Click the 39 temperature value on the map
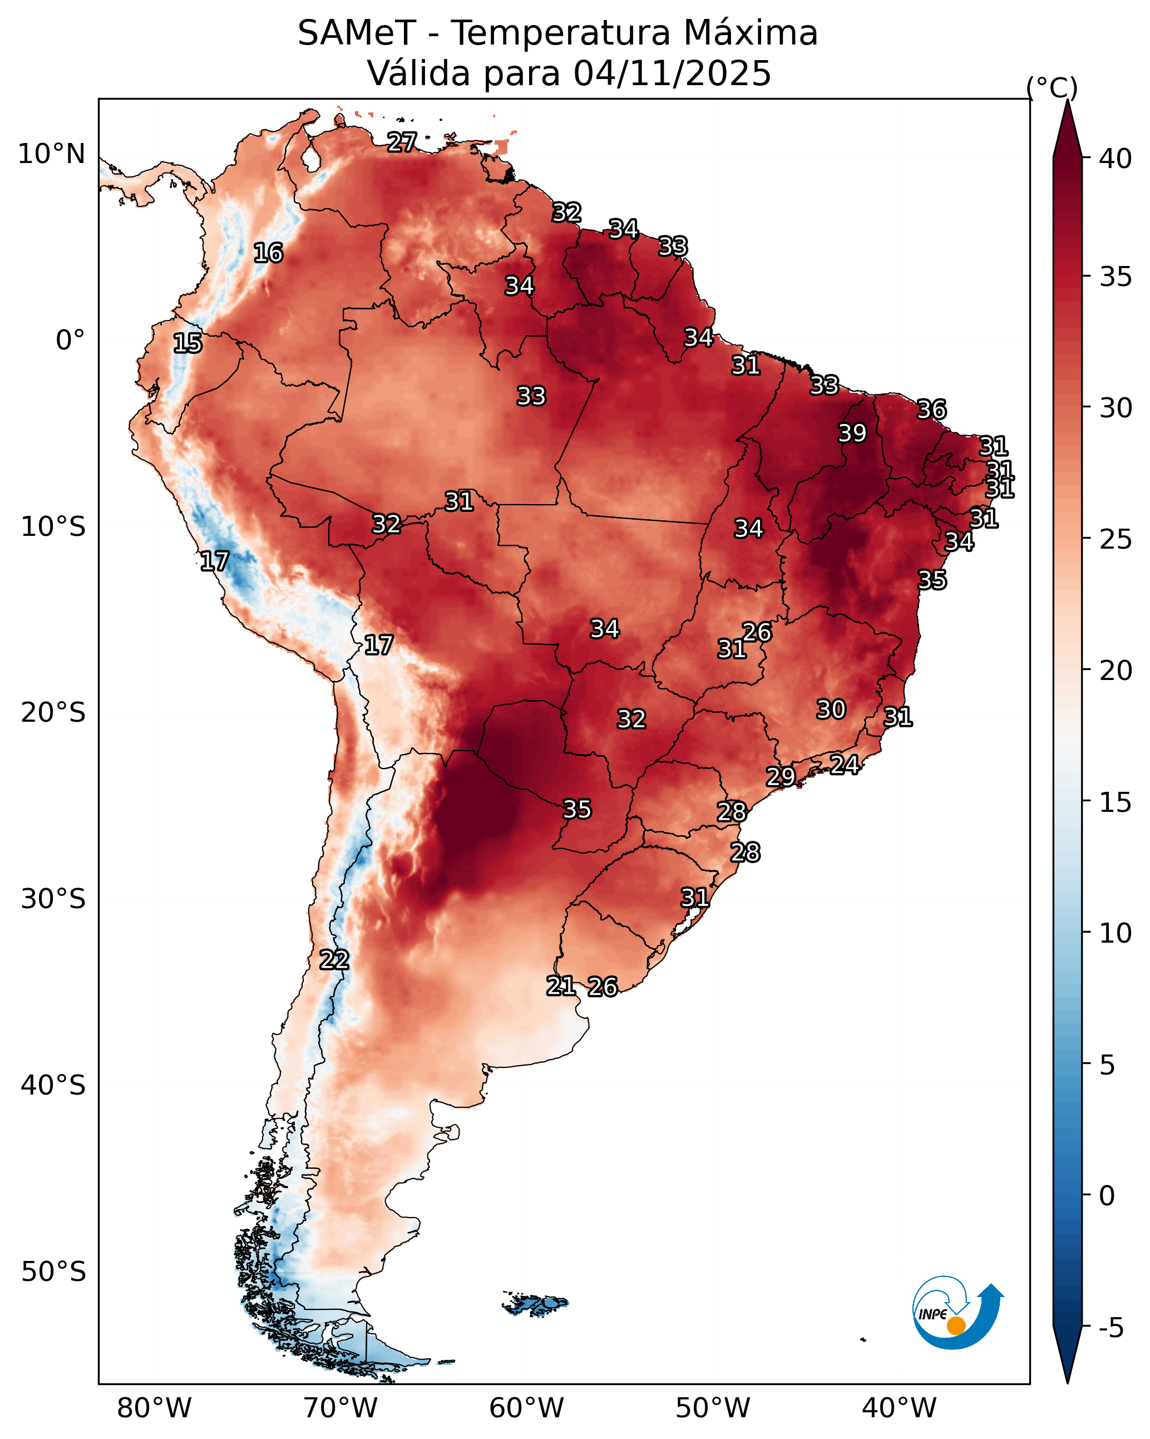point(852,433)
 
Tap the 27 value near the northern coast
point(402,142)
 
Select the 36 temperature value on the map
point(932,409)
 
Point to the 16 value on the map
point(268,253)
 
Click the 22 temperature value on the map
point(334,960)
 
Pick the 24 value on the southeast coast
point(845,764)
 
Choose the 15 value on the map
point(187,343)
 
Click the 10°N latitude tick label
point(51,154)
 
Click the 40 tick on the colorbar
point(1116,159)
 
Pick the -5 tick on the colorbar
point(1111,1328)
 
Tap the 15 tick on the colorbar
point(1116,802)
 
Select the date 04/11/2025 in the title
point(672,73)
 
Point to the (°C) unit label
point(1052,88)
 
